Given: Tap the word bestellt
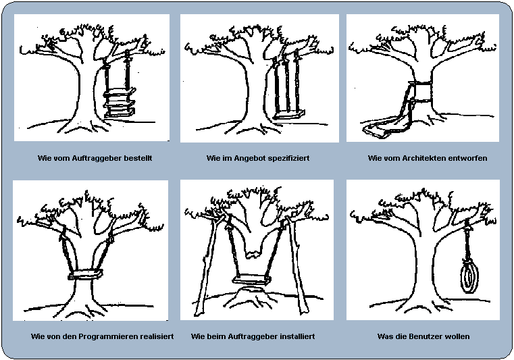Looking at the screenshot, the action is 138,158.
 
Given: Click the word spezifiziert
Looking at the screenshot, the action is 289,158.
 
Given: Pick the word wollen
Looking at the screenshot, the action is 459,336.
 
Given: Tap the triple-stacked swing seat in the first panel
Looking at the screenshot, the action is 120,103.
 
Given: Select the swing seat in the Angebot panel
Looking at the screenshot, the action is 288,115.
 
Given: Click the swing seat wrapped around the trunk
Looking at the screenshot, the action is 85,274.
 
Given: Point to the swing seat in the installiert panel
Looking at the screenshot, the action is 252,280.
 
